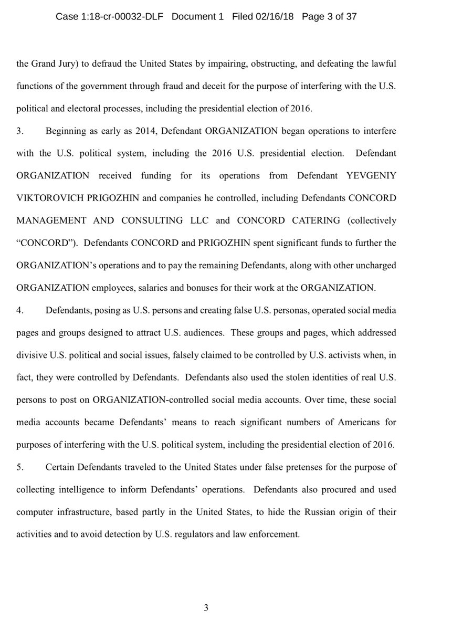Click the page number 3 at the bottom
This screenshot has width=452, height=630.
(x=206, y=608)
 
